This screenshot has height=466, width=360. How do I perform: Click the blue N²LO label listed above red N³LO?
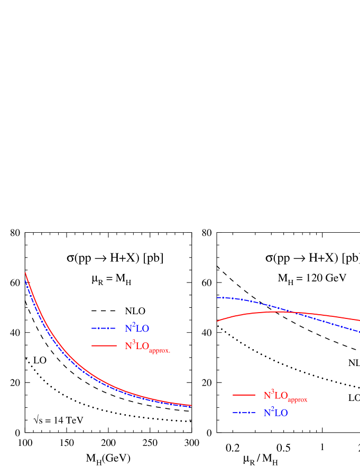(x=137, y=328)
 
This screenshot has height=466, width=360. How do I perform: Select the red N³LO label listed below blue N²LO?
(x=147, y=346)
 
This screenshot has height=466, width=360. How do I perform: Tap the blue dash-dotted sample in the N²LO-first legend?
(x=103, y=328)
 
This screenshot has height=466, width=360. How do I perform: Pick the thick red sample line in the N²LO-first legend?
(x=104, y=345)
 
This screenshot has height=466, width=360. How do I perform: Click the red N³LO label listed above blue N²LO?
(x=285, y=396)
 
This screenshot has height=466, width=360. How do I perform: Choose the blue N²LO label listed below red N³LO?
(x=276, y=413)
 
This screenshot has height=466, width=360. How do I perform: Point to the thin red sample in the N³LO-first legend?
(x=244, y=395)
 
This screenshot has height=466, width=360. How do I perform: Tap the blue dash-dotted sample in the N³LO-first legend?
(x=244, y=413)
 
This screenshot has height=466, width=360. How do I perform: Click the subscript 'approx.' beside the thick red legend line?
(x=160, y=350)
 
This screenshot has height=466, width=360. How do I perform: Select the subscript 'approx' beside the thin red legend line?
(x=298, y=400)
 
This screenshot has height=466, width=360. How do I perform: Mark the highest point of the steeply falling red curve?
(x=25, y=272)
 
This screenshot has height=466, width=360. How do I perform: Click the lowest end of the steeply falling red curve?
(x=191, y=405)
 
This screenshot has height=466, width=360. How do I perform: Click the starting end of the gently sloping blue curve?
(x=217, y=297)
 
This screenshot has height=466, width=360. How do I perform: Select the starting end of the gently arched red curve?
(x=217, y=321)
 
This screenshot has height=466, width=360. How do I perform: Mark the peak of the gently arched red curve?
(x=278, y=312)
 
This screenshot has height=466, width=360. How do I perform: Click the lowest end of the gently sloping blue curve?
(x=359, y=332)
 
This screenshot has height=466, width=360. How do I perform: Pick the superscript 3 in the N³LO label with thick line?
(x=134, y=342)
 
